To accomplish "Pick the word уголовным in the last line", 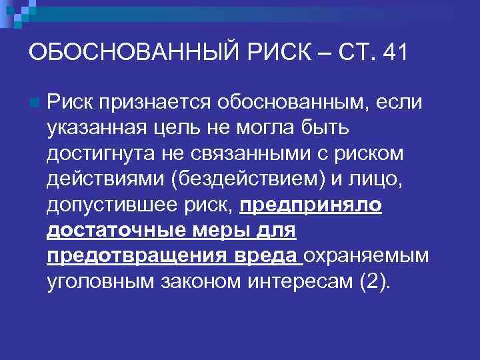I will pos(101,282).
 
